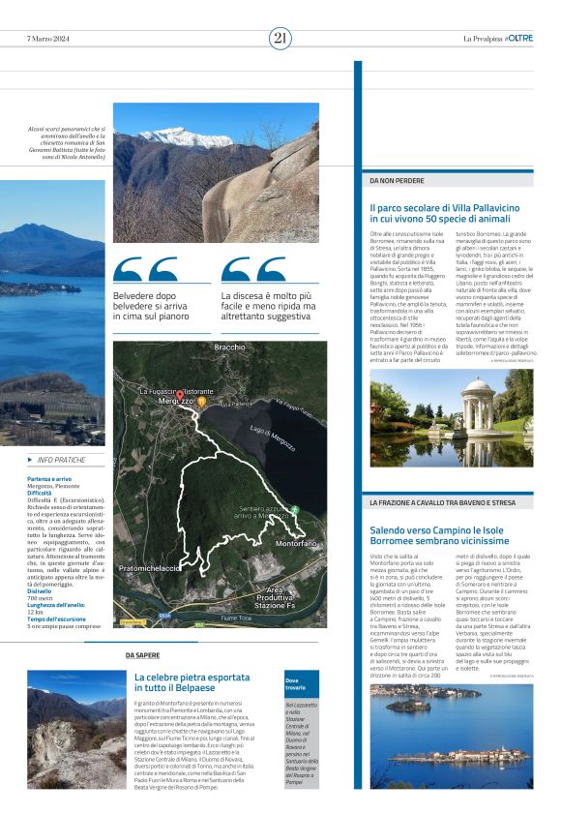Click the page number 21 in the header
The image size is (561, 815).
(280, 38)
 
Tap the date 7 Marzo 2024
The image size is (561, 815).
(49, 39)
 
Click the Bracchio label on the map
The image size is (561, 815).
(229, 347)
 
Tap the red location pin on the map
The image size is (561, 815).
(179, 394)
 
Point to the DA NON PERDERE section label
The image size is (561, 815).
(397, 180)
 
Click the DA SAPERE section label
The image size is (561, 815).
(142, 655)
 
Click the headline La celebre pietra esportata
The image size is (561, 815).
(192, 682)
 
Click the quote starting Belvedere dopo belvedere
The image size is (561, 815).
(152, 305)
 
